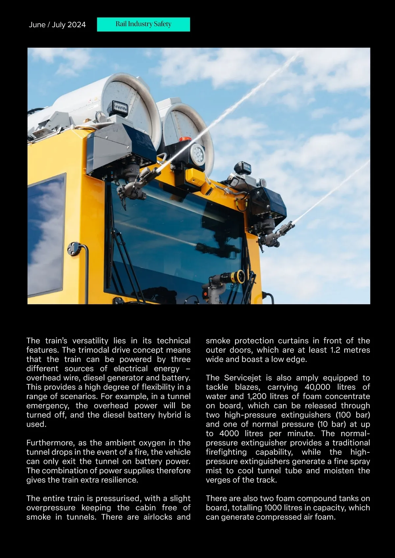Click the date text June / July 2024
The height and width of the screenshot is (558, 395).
click(x=57, y=25)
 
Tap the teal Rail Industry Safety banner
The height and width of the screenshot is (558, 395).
click(x=143, y=24)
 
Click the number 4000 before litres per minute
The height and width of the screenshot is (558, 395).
click(x=229, y=433)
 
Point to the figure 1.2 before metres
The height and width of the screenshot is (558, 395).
click(x=335, y=350)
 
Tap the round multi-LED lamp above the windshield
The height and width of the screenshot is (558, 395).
click(x=197, y=152)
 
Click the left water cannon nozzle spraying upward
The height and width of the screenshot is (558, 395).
click(x=150, y=174)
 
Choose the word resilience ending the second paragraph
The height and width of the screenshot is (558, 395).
click(x=119, y=480)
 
